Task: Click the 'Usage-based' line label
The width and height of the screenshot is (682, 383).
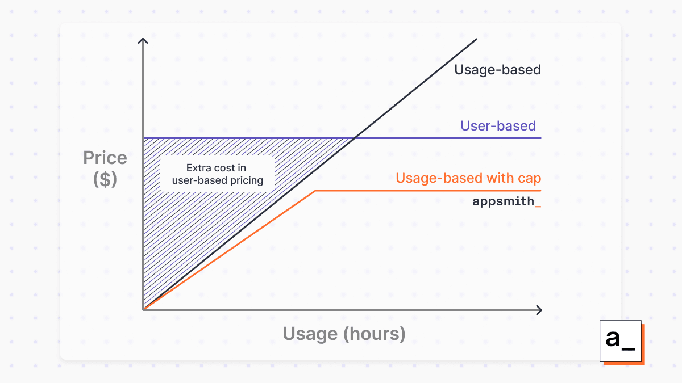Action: pyautogui.click(x=497, y=70)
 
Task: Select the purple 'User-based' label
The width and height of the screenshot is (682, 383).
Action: pyautogui.click(x=498, y=126)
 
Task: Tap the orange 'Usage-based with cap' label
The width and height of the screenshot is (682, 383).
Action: pyautogui.click(x=468, y=178)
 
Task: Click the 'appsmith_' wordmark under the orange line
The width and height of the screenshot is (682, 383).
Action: pyautogui.click(x=506, y=201)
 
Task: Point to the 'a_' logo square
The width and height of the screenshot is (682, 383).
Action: pyautogui.click(x=621, y=341)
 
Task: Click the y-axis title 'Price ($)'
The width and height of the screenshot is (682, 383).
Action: pyautogui.click(x=105, y=168)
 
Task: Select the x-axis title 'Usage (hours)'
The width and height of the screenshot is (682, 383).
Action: pyautogui.click(x=344, y=334)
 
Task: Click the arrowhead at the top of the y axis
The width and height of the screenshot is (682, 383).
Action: pyautogui.click(x=143, y=40)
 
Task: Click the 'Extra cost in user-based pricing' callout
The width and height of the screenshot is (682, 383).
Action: pyautogui.click(x=217, y=174)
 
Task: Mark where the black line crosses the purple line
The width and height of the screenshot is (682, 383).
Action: pyautogui.click(x=355, y=138)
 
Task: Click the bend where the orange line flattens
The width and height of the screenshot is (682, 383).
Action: pyautogui.click(x=315, y=191)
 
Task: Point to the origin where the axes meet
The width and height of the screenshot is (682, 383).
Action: pyautogui.click(x=143, y=310)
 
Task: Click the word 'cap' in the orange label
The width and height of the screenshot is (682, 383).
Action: pyautogui.click(x=530, y=179)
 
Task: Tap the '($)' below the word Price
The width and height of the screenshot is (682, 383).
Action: pyautogui.click(x=105, y=179)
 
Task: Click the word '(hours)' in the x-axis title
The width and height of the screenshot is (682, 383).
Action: pyautogui.click(x=375, y=334)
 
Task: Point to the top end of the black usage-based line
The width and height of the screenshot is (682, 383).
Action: pyautogui.click(x=476, y=39)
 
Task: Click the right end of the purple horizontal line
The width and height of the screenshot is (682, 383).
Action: pyautogui.click(x=541, y=138)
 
